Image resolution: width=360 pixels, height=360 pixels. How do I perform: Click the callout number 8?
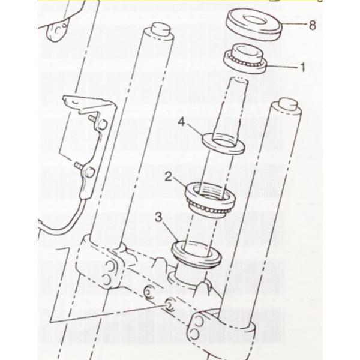point(312,25)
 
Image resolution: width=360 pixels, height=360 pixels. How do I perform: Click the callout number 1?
point(302,67)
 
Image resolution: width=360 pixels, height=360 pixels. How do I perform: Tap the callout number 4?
point(181,122)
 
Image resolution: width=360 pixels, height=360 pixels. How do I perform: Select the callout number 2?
point(169,177)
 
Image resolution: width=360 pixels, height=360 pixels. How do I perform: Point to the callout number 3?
point(159,217)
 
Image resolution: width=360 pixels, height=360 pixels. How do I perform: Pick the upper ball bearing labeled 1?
point(245,59)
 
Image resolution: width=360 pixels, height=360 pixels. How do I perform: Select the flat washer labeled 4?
point(223,143)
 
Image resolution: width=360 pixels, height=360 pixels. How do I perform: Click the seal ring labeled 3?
point(196,254)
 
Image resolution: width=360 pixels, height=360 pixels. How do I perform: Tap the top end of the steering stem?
point(239,81)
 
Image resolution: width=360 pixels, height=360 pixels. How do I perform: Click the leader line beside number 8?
point(295,24)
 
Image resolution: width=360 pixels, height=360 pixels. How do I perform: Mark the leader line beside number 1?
point(282,67)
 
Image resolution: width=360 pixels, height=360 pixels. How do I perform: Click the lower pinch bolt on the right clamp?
point(194,334)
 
